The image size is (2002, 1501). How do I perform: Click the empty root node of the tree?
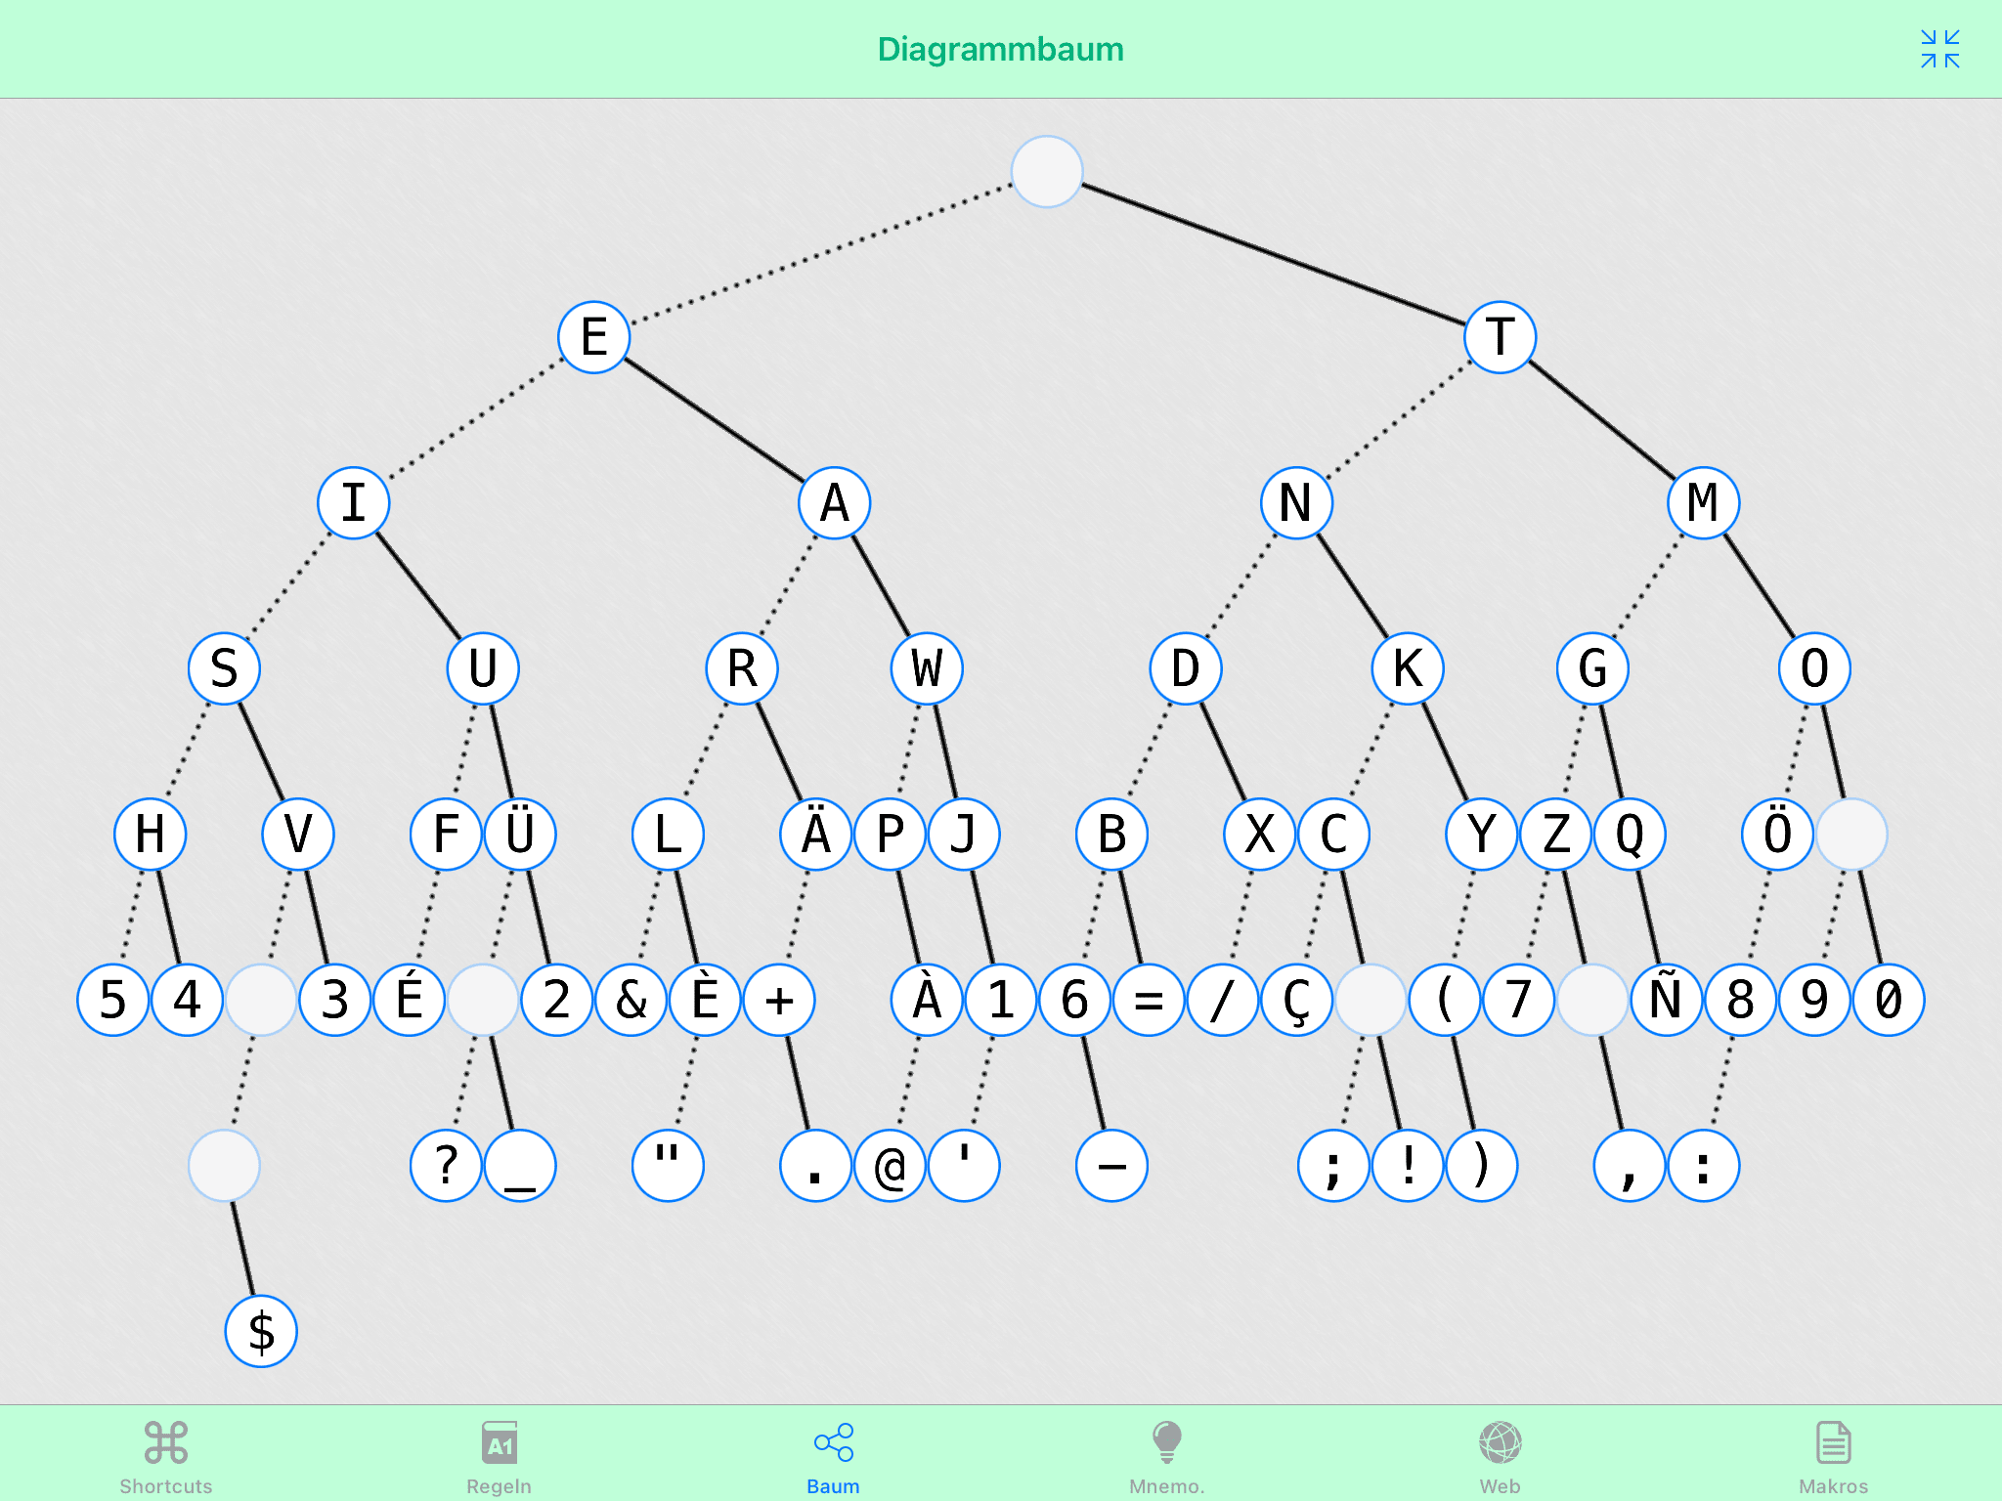[1047, 172]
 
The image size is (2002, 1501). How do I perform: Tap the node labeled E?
[594, 337]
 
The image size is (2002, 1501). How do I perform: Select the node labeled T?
[1501, 337]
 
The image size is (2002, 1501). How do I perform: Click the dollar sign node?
[261, 1331]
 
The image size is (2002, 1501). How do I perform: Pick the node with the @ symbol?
[890, 1166]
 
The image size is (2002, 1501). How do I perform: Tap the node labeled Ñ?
[1667, 1000]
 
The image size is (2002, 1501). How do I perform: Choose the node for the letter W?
[927, 668]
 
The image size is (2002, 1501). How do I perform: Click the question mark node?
[447, 1166]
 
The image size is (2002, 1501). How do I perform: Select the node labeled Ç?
[1297, 1000]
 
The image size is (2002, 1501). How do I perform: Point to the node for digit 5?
[113, 1000]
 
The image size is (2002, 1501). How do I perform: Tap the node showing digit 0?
[1889, 1000]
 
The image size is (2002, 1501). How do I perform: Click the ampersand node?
[631, 1000]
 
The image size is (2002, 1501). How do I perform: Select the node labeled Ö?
[1778, 834]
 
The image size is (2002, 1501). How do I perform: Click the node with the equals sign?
[1149, 1000]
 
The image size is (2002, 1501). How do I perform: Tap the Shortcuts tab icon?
[166, 1442]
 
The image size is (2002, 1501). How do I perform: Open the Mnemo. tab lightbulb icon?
[1167, 1442]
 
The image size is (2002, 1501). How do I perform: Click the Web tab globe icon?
[1501, 1442]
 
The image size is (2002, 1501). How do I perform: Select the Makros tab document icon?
[1834, 1442]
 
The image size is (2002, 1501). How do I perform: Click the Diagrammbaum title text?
[1001, 49]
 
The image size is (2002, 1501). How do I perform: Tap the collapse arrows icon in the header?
[1940, 49]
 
